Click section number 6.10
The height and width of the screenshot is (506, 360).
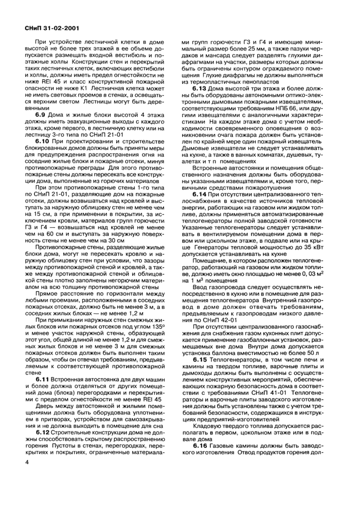pos(43,141)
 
